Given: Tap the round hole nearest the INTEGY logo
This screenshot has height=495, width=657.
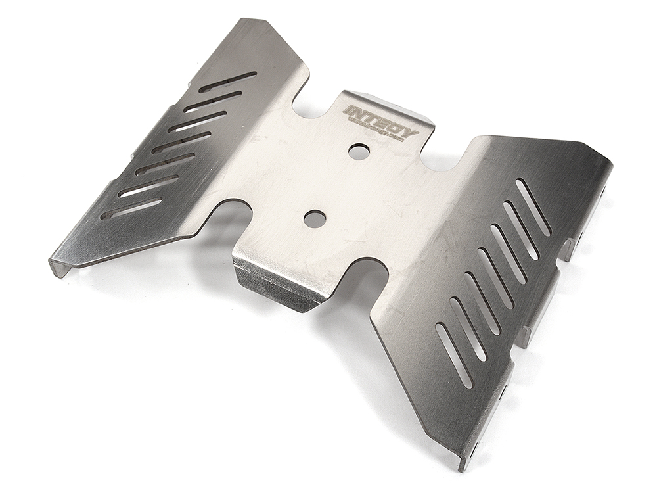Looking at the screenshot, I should [359, 151].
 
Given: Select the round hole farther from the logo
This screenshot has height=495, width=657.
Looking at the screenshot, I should [315, 218].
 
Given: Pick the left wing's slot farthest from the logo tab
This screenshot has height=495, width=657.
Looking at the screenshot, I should [131, 208].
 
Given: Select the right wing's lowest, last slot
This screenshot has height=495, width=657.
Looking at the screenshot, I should [454, 355].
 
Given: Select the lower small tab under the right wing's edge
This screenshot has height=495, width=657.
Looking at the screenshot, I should [526, 335].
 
